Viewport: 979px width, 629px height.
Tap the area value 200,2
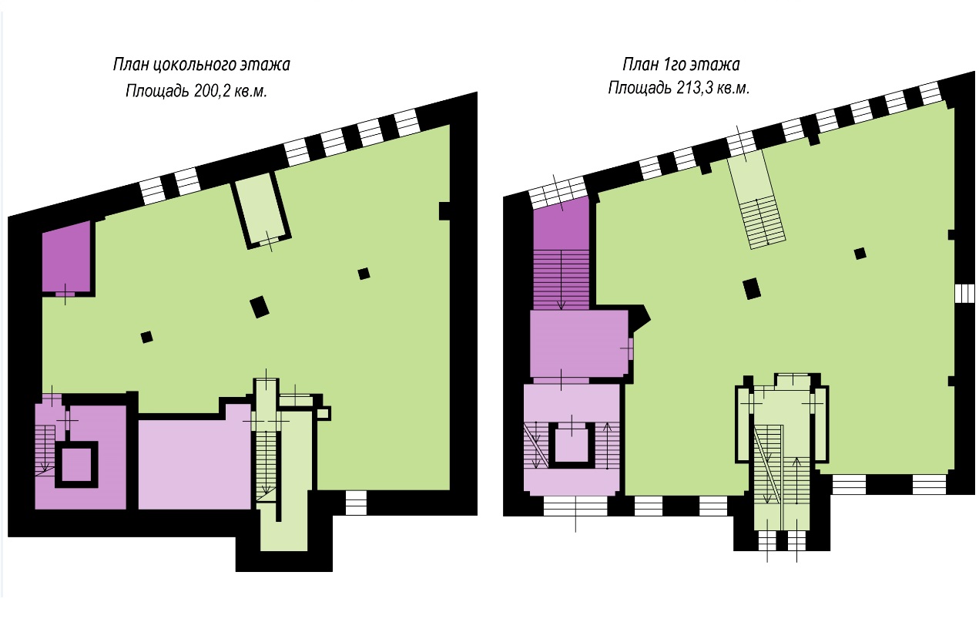click(210, 92)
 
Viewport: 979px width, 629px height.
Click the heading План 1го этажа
click(681, 64)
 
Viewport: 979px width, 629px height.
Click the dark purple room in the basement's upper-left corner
click(66, 257)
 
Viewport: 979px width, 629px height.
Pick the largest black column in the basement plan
click(259, 307)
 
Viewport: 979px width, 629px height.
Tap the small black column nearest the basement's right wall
click(364, 274)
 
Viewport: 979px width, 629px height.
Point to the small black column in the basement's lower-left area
click(147, 337)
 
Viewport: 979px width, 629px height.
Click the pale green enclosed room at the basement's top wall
click(261, 208)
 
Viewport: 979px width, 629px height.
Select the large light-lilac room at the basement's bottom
click(194, 462)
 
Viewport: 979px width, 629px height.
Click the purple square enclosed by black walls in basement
click(76, 464)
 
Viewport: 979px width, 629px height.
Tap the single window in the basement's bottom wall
click(356, 503)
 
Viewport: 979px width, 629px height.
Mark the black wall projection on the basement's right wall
click(444, 211)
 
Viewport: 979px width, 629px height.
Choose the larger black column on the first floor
click(752, 289)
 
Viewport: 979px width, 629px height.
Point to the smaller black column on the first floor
click(860, 254)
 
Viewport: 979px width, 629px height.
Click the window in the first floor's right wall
click(964, 294)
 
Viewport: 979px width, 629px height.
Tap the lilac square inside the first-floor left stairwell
click(572, 442)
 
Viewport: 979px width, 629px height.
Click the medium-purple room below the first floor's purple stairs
click(579, 344)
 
